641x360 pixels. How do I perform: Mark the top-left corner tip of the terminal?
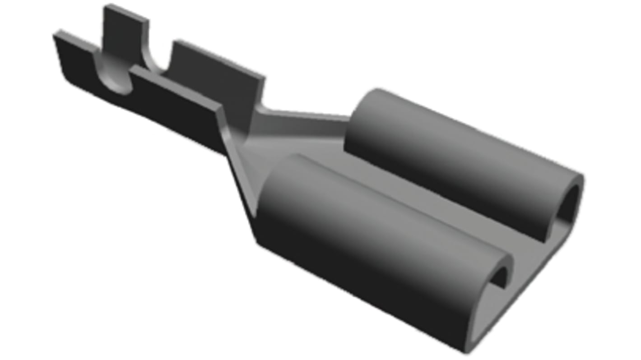(55, 32)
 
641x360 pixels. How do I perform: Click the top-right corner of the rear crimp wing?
(263, 78)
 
